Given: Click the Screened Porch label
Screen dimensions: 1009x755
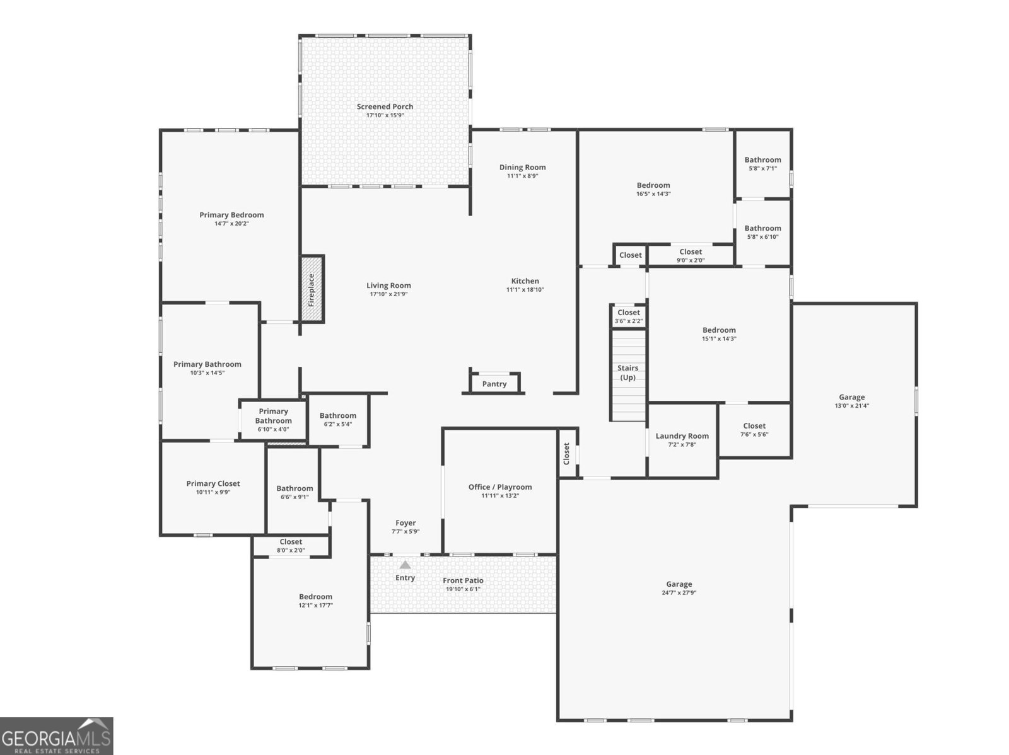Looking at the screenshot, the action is pyautogui.click(x=385, y=107).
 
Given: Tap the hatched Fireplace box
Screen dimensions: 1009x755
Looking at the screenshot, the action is pyautogui.click(x=312, y=289).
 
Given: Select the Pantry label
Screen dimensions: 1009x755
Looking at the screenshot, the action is pyautogui.click(x=494, y=384).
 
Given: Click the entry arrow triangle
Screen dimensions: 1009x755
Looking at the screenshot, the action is pyautogui.click(x=405, y=565).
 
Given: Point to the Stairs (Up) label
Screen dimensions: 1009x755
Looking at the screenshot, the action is pyautogui.click(x=627, y=372).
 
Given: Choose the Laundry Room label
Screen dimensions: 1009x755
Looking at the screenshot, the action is pyautogui.click(x=682, y=436).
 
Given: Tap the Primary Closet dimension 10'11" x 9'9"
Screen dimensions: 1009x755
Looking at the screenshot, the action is pyautogui.click(x=213, y=492).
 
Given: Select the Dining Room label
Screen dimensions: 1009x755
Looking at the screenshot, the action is pyautogui.click(x=523, y=167).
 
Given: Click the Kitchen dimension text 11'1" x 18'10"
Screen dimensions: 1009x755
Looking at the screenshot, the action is pyautogui.click(x=525, y=289).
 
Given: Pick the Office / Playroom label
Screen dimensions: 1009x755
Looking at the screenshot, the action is pyautogui.click(x=500, y=487).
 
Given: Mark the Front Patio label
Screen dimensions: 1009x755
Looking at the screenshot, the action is pyautogui.click(x=463, y=580).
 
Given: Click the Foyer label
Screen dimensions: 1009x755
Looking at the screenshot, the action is pyautogui.click(x=405, y=522).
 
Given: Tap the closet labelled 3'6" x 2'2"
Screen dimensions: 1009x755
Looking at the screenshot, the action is pyautogui.click(x=628, y=316).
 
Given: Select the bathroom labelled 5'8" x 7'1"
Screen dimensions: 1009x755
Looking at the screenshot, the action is pyautogui.click(x=762, y=164).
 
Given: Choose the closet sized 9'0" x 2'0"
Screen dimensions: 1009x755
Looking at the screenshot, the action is pyautogui.click(x=691, y=255).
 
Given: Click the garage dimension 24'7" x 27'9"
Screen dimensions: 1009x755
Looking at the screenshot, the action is pyautogui.click(x=679, y=592).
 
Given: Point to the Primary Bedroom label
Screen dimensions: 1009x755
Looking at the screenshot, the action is pyautogui.click(x=231, y=215).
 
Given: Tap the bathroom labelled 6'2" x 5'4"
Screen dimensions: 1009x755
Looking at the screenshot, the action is pyautogui.click(x=338, y=420).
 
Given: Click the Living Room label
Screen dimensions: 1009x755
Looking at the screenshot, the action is pyautogui.click(x=388, y=285).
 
